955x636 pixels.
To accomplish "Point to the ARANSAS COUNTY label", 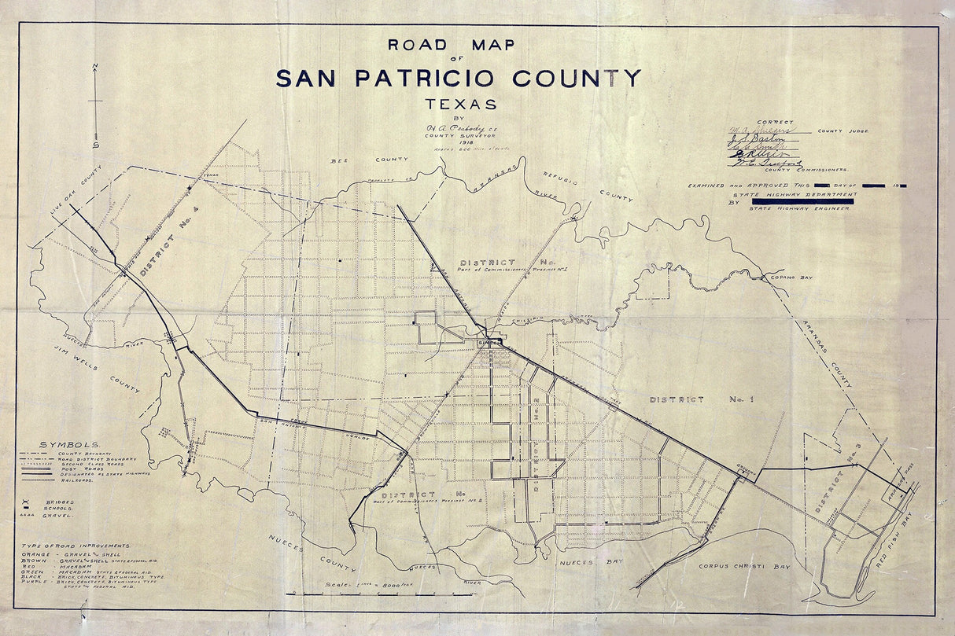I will click(824, 354).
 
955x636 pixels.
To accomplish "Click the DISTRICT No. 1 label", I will click(701, 399).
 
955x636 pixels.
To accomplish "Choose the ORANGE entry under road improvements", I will click(55, 555).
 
